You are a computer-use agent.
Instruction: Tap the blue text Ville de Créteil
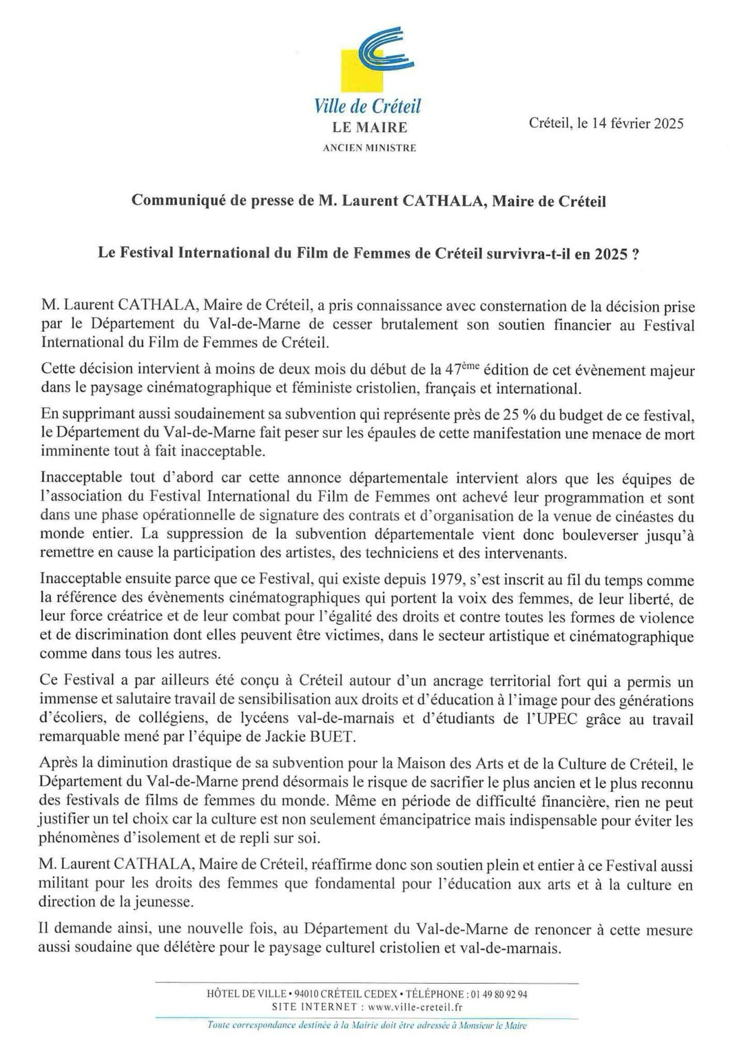tap(367, 107)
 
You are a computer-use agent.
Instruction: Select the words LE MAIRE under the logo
tap(369, 127)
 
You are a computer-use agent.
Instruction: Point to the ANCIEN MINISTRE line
tap(369, 148)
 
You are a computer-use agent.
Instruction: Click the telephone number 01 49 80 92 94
tap(499, 994)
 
